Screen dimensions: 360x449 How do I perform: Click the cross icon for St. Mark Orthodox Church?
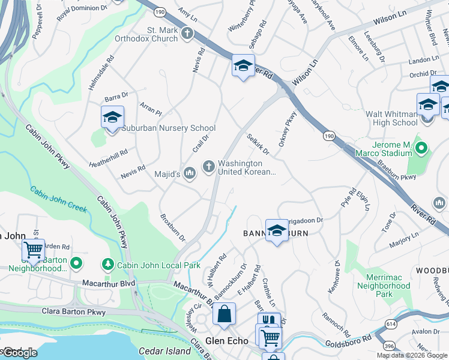[x=187, y=33]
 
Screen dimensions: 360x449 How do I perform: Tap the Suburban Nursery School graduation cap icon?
[x=112, y=117]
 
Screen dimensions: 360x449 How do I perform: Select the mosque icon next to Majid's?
[x=190, y=174]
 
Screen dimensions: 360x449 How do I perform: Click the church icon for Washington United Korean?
[x=209, y=166]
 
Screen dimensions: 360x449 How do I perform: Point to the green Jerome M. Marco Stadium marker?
[x=421, y=147]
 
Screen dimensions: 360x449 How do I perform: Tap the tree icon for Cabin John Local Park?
[x=108, y=264]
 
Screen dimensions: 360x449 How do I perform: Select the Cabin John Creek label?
[x=59, y=200]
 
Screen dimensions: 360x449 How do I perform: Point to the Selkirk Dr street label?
[x=259, y=145]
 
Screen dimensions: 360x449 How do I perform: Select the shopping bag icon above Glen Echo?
[x=224, y=313]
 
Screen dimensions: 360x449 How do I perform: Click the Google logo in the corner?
[x=19, y=352]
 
